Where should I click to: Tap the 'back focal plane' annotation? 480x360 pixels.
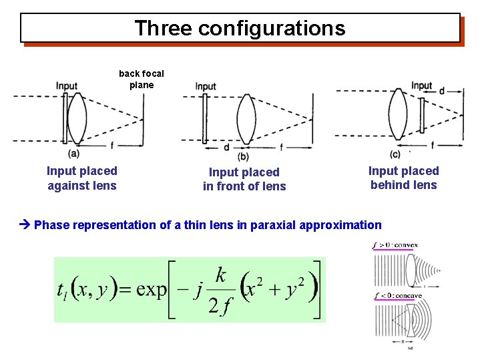click(141, 79)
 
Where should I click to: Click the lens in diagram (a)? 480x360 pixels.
click(77, 116)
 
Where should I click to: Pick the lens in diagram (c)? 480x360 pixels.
click(399, 114)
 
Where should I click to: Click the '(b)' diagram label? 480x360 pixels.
click(243, 156)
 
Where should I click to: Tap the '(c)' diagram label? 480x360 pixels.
click(395, 154)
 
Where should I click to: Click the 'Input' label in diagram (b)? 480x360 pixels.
click(206, 86)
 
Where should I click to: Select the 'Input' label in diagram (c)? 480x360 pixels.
click(422, 85)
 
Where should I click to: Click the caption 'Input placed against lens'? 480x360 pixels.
click(81, 178)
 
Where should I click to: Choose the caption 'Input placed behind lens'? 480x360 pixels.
click(403, 178)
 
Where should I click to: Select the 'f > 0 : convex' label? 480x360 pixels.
click(395, 245)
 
